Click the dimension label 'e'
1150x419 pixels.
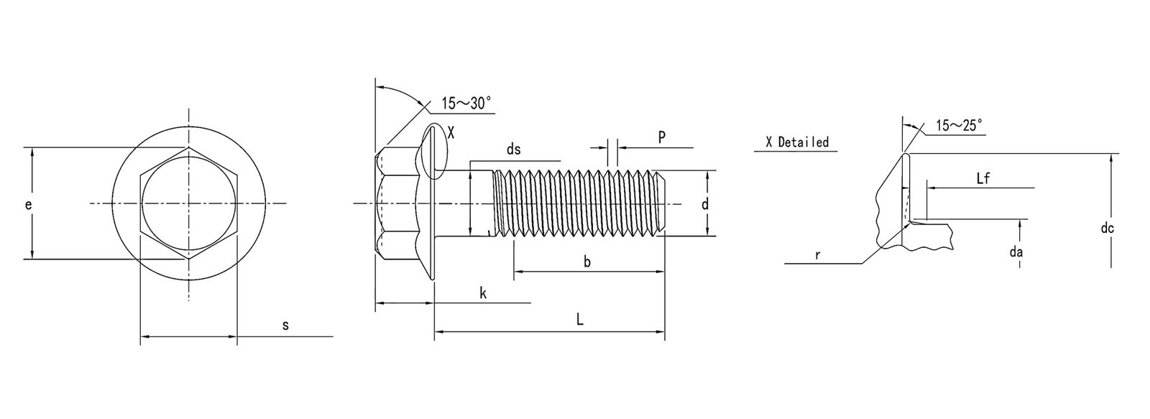[x=28, y=205]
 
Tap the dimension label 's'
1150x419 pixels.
[x=285, y=326]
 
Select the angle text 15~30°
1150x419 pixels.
[x=466, y=103]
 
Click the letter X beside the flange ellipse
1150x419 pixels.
[x=451, y=132]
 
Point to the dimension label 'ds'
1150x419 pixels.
[x=513, y=149]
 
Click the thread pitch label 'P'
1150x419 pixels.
[x=661, y=137]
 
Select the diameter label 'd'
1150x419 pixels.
[x=705, y=205]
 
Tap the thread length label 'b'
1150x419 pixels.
[x=586, y=262]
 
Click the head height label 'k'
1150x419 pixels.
[x=483, y=293]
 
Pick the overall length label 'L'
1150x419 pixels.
[x=579, y=321]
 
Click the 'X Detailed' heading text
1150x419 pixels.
[x=796, y=142]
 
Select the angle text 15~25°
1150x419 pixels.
[x=959, y=126]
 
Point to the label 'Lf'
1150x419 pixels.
[x=983, y=179]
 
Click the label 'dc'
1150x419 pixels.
[x=1108, y=229]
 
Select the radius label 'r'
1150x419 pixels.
[x=818, y=254]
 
